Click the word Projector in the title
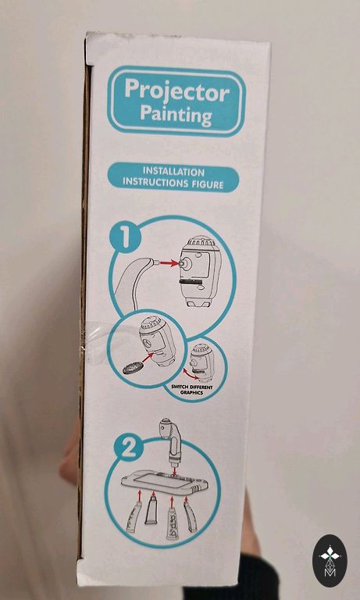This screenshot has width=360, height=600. (176, 92)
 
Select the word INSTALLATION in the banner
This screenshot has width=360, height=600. (173, 171)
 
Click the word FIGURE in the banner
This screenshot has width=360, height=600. (208, 184)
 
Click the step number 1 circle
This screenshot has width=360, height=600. (125, 238)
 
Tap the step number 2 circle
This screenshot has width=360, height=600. (129, 448)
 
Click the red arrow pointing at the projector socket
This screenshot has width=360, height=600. (169, 262)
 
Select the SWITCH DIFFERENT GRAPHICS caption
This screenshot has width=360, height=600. (191, 390)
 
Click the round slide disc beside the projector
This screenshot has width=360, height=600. (130, 369)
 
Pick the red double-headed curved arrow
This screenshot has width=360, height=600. (191, 373)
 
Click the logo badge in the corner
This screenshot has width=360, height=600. (330, 560)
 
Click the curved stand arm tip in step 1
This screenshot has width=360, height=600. (155, 262)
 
